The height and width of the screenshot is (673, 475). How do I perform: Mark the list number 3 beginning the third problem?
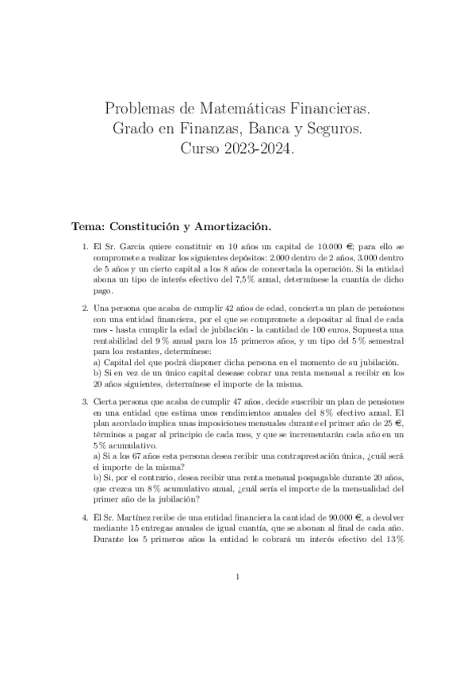[x=84, y=402]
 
